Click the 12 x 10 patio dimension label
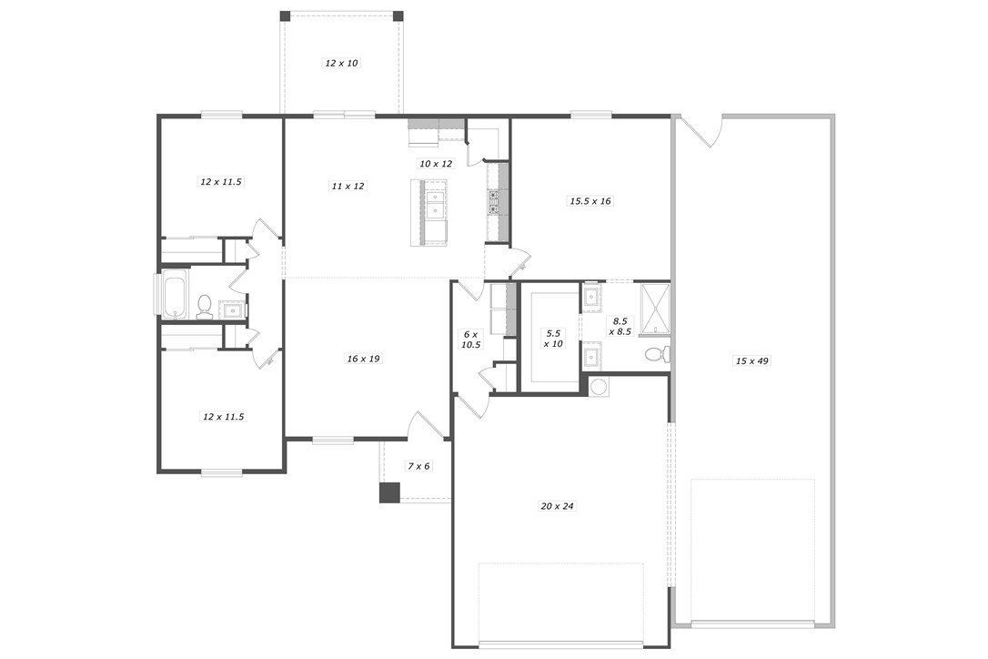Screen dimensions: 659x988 pos(341,63)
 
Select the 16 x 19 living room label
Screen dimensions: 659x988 pos(362,359)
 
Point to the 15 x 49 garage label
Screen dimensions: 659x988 pos(751,361)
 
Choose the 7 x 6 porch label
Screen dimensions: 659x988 pos(418,466)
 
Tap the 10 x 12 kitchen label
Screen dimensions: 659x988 pos(435,164)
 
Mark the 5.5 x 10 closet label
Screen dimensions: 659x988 pos(552,338)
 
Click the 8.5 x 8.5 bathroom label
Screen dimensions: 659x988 pos(620,326)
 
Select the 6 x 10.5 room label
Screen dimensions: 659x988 pos(469,340)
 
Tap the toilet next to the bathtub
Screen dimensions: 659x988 pos(204,306)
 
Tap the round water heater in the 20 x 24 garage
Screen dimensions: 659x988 pos(600,387)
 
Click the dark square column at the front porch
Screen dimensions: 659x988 pos(389,492)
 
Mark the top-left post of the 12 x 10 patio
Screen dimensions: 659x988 pos(285,15)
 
